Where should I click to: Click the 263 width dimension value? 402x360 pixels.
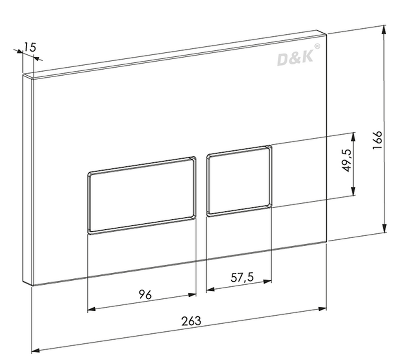pos(191,321)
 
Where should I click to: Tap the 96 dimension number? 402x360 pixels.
pos(146,294)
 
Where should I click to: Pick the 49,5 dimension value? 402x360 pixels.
pos(347,160)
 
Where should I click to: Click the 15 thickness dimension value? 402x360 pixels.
pos(30,47)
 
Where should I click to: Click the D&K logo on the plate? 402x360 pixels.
pos(295,58)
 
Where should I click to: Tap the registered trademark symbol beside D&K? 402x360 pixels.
pos(317,46)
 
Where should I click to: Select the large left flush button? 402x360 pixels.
pos(142,195)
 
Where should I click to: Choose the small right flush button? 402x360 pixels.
pos(239,181)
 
